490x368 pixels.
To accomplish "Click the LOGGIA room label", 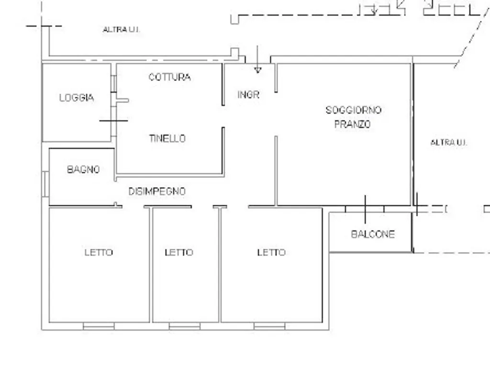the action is (x=77, y=98).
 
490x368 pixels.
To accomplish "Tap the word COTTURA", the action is (x=170, y=77).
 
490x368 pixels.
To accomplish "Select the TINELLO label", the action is (x=167, y=138).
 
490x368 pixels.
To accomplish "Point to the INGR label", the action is (x=248, y=94).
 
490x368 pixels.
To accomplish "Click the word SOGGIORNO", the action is (x=354, y=110).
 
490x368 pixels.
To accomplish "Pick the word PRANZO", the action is (x=353, y=124).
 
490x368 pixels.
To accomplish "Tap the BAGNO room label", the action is (x=83, y=169).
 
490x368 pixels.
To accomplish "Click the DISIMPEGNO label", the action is (x=157, y=191).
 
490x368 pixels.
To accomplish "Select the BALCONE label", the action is (x=373, y=234).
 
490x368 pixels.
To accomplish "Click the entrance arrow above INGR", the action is (x=257, y=59).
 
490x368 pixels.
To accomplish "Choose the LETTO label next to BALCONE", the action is (x=272, y=252).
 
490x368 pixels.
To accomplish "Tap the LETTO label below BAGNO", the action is (x=99, y=252).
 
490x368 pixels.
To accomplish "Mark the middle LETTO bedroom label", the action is (x=179, y=252).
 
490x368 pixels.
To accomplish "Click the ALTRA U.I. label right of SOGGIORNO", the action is (x=449, y=143).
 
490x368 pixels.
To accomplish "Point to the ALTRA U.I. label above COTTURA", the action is (x=121, y=29).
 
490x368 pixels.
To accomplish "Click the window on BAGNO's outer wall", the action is (x=45, y=184).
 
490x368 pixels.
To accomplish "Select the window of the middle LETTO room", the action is (x=184, y=326).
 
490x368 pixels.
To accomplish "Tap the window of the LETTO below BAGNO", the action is (x=99, y=326).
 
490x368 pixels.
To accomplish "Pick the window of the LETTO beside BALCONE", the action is (x=269, y=326).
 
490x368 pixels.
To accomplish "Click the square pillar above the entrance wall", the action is (x=234, y=52).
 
